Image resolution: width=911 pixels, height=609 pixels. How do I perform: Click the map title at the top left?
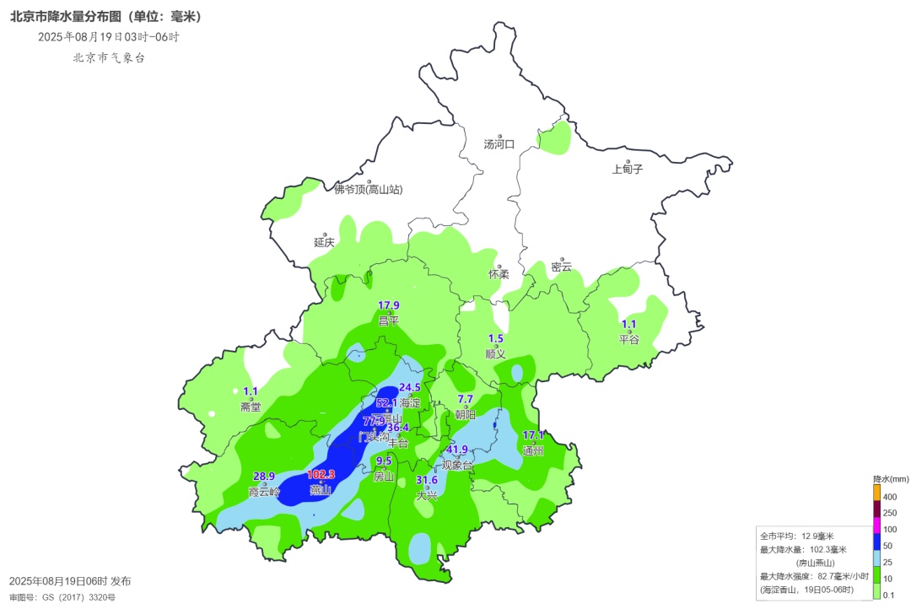[x=105, y=16]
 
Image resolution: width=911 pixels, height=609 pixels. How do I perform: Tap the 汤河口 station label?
[x=499, y=144]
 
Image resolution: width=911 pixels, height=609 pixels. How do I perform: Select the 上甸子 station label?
[x=628, y=169]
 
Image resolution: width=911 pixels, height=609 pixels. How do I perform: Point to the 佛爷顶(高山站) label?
[x=369, y=190]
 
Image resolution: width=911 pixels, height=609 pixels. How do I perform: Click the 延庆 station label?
[x=325, y=242]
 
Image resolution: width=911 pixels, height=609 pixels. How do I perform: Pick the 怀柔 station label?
[x=499, y=274]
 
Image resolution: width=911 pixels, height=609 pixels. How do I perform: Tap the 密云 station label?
[x=561, y=267]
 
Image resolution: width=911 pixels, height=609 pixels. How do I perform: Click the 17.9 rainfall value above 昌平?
[x=388, y=305]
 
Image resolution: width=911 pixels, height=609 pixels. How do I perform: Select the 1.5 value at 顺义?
[x=496, y=338]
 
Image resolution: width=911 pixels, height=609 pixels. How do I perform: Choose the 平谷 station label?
[x=629, y=339]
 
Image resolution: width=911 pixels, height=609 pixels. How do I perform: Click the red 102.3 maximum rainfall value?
[x=321, y=474]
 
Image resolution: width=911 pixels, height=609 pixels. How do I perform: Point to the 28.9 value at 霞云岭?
[x=264, y=477]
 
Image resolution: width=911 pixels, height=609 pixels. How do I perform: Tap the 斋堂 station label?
[x=251, y=407]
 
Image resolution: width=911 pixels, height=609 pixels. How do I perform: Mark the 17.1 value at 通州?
[x=533, y=435]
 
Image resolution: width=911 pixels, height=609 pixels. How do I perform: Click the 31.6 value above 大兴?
[x=428, y=480]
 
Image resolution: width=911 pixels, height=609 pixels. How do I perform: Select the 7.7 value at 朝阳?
[x=466, y=399]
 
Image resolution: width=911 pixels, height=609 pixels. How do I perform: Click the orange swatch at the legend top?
[x=877, y=490]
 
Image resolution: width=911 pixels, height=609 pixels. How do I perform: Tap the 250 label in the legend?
[x=890, y=514]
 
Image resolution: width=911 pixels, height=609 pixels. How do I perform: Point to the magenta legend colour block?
[x=877, y=529]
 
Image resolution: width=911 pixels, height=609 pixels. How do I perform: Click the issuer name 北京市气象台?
[x=109, y=57]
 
